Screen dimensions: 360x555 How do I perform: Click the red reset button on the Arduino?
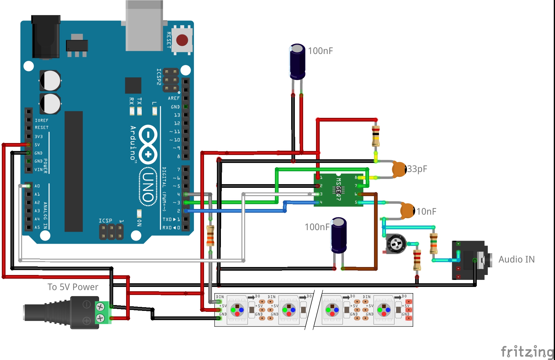click(x=182, y=40)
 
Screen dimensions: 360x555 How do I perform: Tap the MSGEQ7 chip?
click(x=338, y=190)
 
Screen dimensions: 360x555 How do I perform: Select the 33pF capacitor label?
click(x=417, y=169)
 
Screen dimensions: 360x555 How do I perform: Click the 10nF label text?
click(x=426, y=211)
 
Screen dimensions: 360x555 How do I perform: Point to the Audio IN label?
click(x=516, y=259)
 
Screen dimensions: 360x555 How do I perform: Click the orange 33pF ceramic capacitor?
click(x=399, y=169)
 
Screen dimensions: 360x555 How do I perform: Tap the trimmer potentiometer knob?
click(x=396, y=244)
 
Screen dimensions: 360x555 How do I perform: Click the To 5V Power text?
click(x=73, y=287)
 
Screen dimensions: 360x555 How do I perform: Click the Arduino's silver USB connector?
click(x=144, y=26)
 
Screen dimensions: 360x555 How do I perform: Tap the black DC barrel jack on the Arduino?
click(x=46, y=37)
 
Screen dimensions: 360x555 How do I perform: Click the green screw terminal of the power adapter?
click(x=102, y=312)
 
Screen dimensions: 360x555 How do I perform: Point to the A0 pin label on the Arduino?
click(x=37, y=186)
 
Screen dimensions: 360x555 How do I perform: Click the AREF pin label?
click(x=174, y=98)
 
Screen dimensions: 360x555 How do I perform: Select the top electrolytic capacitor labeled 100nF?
click(x=297, y=61)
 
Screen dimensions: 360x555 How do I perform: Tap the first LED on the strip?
click(x=237, y=310)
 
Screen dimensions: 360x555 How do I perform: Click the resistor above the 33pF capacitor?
click(x=376, y=136)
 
